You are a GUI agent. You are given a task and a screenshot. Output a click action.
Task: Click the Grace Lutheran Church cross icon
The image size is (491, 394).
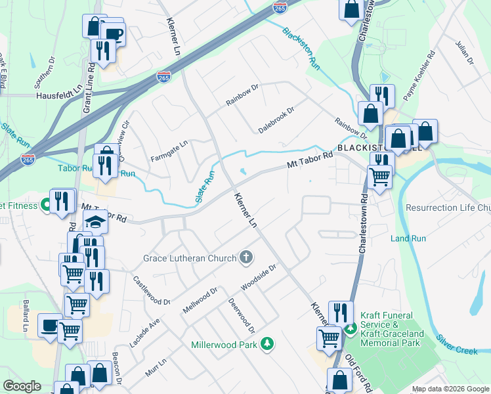[246, 257]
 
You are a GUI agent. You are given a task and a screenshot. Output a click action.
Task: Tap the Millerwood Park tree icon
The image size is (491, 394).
[267, 344]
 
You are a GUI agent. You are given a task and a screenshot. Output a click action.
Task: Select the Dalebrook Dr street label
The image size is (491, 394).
[276, 120]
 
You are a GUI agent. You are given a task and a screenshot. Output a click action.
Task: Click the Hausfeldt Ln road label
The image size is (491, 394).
[56, 95]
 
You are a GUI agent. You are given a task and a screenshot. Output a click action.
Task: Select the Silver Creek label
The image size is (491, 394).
[457, 346]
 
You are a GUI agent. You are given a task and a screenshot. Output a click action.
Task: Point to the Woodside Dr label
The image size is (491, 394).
[260, 279]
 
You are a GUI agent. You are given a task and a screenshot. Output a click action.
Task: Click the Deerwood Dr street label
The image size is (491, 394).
[241, 316]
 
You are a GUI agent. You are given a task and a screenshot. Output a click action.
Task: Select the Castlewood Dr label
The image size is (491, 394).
[152, 291]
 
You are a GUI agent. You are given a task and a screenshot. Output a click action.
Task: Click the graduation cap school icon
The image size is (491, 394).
[96, 222]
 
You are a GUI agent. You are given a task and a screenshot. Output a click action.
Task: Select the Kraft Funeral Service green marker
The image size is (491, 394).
[351, 328]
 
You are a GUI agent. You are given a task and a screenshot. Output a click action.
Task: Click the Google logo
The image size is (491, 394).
[22, 386]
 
